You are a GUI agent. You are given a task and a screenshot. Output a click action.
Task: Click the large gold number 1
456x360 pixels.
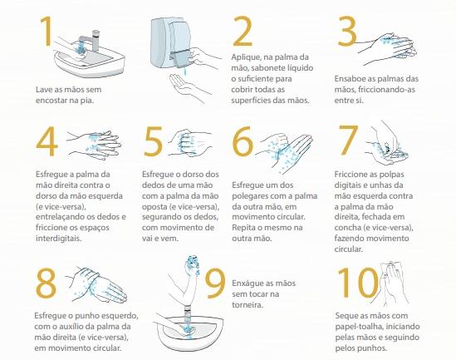[x=47, y=31]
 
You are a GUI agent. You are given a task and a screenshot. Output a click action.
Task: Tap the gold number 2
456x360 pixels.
[x=243, y=32]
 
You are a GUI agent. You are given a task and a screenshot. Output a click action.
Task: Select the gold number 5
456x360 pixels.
[x=153, y=141]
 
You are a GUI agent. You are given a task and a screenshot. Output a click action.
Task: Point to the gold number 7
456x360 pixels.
[x=348, y=140]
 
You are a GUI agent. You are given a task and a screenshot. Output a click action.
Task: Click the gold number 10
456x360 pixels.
[x=358, y=283]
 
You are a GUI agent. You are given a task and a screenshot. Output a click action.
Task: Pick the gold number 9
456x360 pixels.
[x=215, y=284]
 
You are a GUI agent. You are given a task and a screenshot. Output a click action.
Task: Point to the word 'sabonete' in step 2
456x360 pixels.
[x=272, y=68]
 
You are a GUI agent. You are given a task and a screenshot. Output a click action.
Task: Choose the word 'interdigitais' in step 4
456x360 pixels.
[x=59, y=239]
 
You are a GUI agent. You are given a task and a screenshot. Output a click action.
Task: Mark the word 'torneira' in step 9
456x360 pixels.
[x=248, y=304]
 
